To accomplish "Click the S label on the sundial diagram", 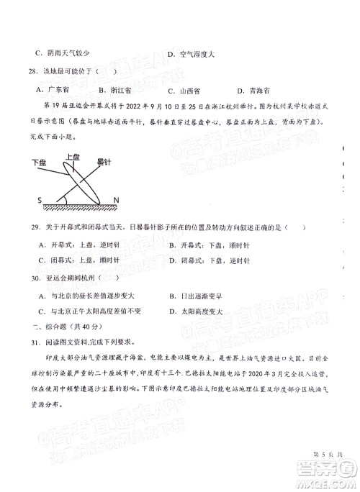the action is pyautogui.click(x=40, y=199).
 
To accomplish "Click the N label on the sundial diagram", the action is pyautogui.click(x=116, y=199).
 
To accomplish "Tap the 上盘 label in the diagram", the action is pyautogui.click(x=72, y=155).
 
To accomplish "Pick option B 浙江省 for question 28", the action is pyautogui.click(x=117, y=91).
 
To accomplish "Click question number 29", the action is pyautogui.click(x=30, y=228).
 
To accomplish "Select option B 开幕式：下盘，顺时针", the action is pyautogui.click(x=209, y=245).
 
